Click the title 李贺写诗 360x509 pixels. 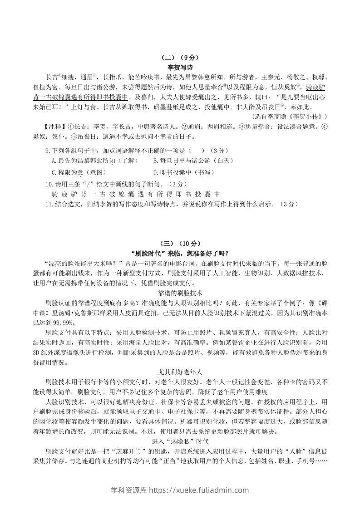[180, 67]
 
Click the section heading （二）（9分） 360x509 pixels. [180, 58]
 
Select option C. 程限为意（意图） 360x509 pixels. [79, 172]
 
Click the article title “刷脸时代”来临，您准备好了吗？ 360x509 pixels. [180, 253]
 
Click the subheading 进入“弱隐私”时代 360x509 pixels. [180, 441]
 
